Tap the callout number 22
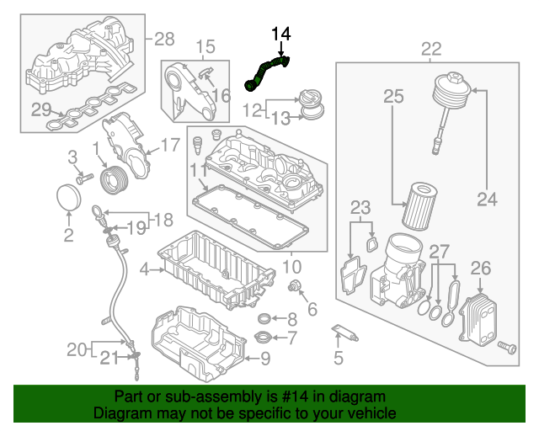[431, 50]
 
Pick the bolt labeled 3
[83, 178]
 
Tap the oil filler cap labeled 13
[314, 108]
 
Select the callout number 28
[164, 38]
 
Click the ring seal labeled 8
[264, 319]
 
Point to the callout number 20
[77, 349]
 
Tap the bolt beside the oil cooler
[507, 347]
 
